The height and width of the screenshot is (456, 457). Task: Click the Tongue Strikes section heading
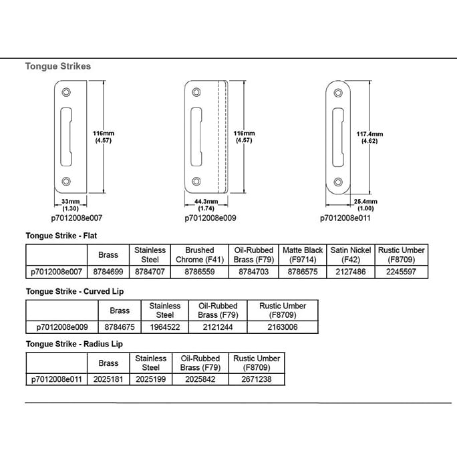click(x=58, y=67)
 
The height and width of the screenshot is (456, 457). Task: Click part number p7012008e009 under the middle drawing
click(x=210, y=218)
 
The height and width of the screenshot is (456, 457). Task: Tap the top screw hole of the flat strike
click(x=65, y=93)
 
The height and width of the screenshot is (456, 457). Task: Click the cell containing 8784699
click(x=108, y=271)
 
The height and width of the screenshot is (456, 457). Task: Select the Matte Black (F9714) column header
click(x=303, y=254)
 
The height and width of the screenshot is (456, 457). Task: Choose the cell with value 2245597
click(x=402, y=271)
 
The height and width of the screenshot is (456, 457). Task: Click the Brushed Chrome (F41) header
click(x=200, y=254)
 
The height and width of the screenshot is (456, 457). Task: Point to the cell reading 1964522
click(x=165, y=326)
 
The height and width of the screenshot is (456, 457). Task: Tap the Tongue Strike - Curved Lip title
click(x=75, y=291)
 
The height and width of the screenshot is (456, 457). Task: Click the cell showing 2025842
click(x=200, y=379)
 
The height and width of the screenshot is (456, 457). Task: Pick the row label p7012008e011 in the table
click(x=56, y=379)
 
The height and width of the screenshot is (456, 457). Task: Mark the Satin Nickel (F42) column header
click(x=351, y=254)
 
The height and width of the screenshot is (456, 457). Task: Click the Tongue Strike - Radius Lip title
click(x=74, y=344)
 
